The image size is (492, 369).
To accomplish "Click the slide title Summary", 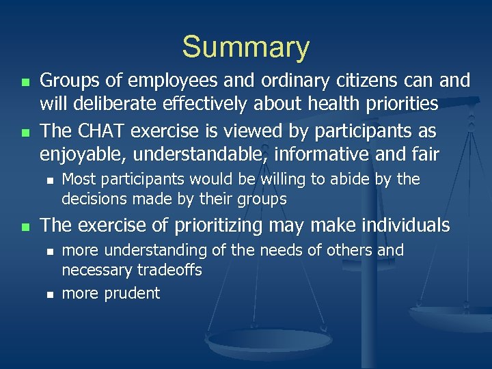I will [245, 47].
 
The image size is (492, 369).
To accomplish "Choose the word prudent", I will [132, 294].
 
